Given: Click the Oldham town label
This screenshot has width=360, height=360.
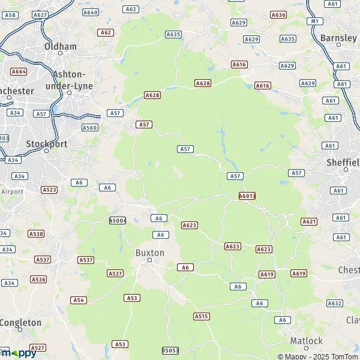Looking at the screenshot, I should [x=61, y=46].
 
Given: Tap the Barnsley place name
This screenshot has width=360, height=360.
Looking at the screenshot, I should [x=339, y=38].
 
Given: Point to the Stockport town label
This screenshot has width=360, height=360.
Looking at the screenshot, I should [x=47, y=144].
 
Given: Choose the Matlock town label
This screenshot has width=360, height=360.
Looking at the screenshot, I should [x=307, y=341].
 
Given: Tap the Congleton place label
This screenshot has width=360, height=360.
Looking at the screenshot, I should [x=21, y=323].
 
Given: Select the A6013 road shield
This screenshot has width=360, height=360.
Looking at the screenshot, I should [x=247, y=196].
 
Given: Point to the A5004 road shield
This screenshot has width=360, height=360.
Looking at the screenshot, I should [x=118, y=221].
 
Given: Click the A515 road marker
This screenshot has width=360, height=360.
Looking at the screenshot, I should [x=202, y=316].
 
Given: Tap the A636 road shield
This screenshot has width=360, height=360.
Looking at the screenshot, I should [x=278, y=14].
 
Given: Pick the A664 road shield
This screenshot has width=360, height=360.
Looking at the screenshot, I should [x=19, y=71].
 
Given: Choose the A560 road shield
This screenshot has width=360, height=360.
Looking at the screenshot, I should [x=89, y=127].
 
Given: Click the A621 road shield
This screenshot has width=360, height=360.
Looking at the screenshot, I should [x=309, y=221].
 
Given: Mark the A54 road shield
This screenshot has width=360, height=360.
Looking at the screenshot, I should [x=79, y=300].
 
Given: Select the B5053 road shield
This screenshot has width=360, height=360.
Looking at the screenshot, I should [x=170, y=350].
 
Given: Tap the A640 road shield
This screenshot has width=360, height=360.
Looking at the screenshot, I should [x=91, y=12].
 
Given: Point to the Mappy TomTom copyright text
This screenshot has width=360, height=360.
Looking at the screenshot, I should [x=317, y=356].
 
